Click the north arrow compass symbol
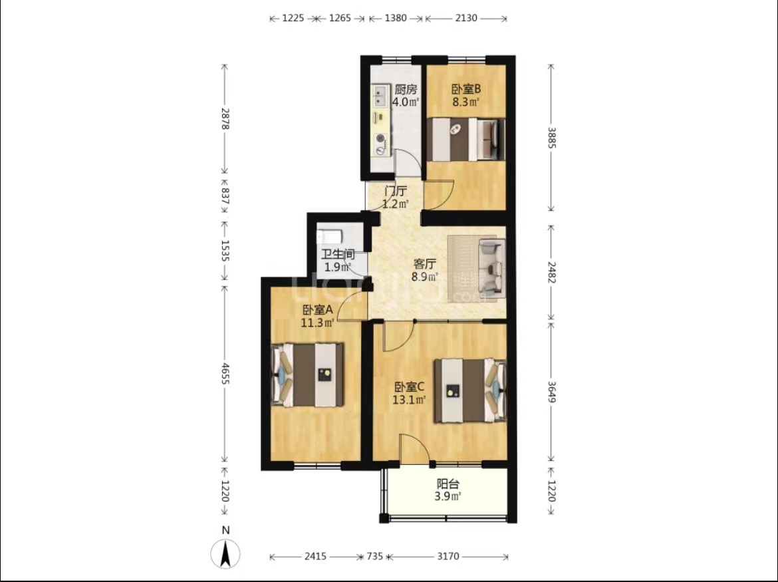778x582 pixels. click(226, 553)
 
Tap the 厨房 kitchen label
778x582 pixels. click(406, 90)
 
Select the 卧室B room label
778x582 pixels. click(466, 89)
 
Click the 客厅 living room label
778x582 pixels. click(425, 264)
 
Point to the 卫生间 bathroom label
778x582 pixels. click(338, 255)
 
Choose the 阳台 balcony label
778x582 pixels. click(448, 484)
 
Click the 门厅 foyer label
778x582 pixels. click(396, 191)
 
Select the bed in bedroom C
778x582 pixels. click(470, 391)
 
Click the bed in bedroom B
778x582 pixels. click(466, 140)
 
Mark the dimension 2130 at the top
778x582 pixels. click(466, 19)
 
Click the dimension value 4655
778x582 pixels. click(225, 373)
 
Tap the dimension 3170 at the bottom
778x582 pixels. click(448, 556)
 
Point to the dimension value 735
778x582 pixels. click(374, 556)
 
